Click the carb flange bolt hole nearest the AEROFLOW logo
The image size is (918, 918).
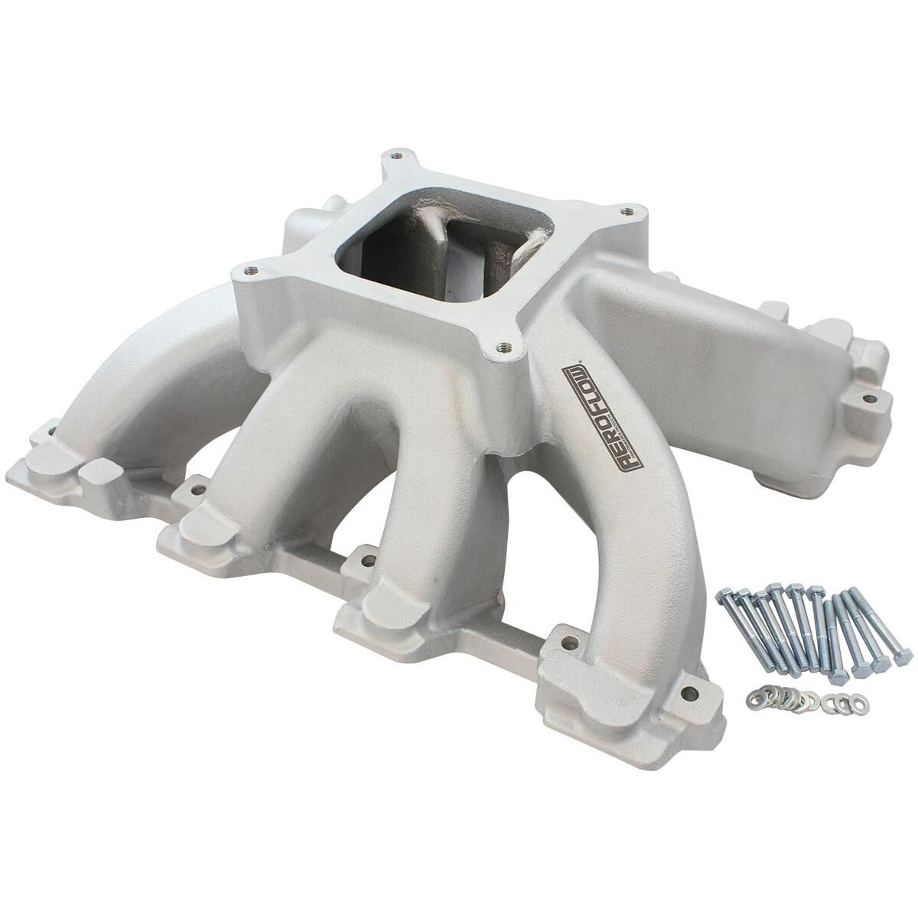[x=498, y=350]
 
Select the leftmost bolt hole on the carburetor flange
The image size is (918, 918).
[x=249, y=270]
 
